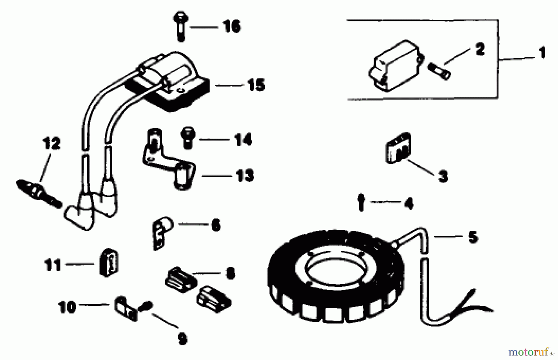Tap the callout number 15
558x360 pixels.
(256, 85)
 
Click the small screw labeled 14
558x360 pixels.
(188, 137)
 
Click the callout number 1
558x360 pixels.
(542, 53)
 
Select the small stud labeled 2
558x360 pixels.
(439, 71)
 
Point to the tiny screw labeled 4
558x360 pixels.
(361, 202)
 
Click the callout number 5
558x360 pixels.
(472, 237)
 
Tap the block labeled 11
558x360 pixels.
(108, 262)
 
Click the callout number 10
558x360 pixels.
(67, 307)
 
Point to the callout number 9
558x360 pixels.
(182, 339)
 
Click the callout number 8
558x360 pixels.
(230, 273)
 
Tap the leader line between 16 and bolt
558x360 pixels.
(204, 27)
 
